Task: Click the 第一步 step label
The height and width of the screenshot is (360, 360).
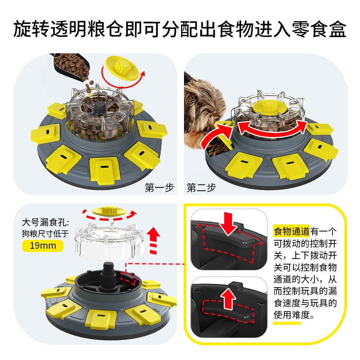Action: coord(159,188)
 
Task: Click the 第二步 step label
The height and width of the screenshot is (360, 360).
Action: coord(201,188)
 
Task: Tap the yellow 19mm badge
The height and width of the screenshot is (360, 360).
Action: coord(43,246)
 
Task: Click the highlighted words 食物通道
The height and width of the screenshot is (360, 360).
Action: coord(292,231)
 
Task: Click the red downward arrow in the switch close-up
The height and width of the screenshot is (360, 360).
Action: coord(227,223)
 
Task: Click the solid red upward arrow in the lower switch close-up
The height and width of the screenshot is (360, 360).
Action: coord(228,298)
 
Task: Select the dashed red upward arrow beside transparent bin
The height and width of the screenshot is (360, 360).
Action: coord(154,240)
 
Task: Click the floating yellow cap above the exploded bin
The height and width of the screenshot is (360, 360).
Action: coord(109,210)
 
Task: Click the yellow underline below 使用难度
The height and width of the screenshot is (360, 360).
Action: coord(287,323)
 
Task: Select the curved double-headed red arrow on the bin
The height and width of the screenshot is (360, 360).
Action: coord(273,129)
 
